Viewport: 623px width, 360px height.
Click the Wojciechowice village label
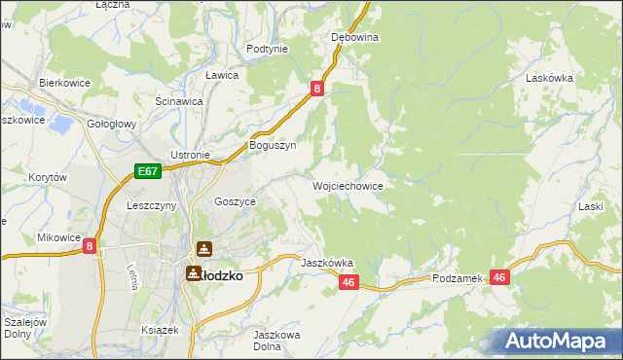347,185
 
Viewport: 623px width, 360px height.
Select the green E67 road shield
147,172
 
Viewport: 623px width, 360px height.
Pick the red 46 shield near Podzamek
500,277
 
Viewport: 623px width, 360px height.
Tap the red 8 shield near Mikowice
90,247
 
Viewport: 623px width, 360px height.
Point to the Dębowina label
354,37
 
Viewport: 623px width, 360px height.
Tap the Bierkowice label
64,84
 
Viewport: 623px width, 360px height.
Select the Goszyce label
235,200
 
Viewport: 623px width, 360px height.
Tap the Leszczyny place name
151,206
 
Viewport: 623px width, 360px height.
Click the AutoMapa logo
556,341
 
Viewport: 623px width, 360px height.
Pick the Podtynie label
267,49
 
